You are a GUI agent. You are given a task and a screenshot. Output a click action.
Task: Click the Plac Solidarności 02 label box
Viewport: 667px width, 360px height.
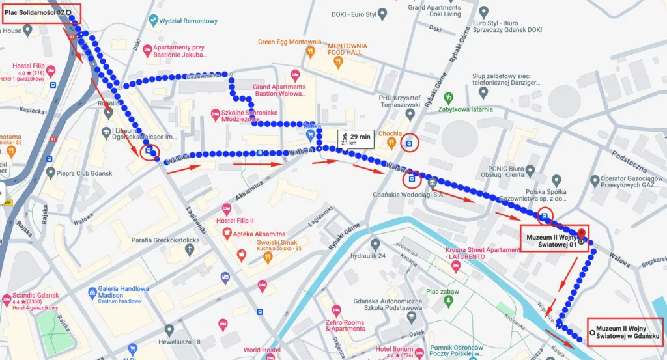[x=40, y=12]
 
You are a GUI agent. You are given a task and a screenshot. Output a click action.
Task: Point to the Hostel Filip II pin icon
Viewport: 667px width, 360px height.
[x=227, y=209]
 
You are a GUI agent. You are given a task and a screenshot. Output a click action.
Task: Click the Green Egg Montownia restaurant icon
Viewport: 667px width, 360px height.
[x=311, y=49]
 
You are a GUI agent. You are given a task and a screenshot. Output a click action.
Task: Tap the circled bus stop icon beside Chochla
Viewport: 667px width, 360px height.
[x=409, y=144]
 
